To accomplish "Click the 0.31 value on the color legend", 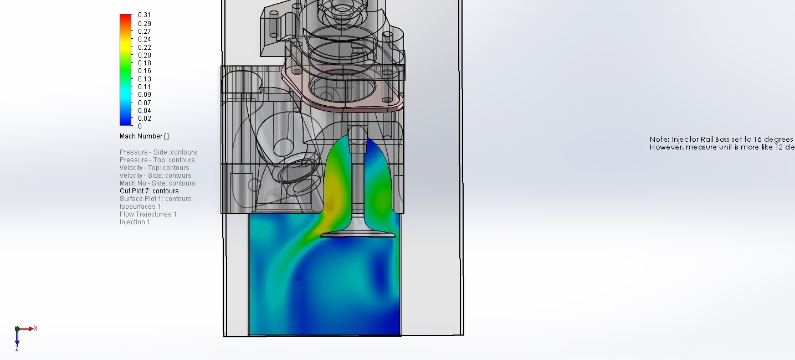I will click(x=144, y=15).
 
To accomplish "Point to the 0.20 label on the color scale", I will click(x=144, y=55).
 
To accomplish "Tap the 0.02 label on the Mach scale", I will click(x=144, y=119).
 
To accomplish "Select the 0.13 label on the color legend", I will click(x=144, y=79).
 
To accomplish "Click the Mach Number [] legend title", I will click(x=144, y=136).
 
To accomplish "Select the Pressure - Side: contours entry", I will click(x=158, y=152).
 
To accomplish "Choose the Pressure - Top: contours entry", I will click(x=157, y=160).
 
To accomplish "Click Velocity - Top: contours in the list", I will click(x=154, y=168).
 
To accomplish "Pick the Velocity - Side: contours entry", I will click(x=155, y=176).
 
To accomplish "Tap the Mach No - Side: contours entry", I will click(x=157, y=183).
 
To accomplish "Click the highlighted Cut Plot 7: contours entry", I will click(x=149, y=191).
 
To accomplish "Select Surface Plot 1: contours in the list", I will click(x=155, y=199).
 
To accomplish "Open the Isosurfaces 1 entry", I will click(x=140, y=207).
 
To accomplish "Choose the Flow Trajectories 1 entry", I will click(x=148, y=214).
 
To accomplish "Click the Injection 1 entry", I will click(x=135, y=222).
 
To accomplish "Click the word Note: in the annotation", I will click(x=659, y=140).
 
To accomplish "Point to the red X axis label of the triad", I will click(x=35, y=328).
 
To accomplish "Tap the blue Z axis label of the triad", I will click(x=17, y=348).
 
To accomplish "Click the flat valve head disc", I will click(x=358, y=234).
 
